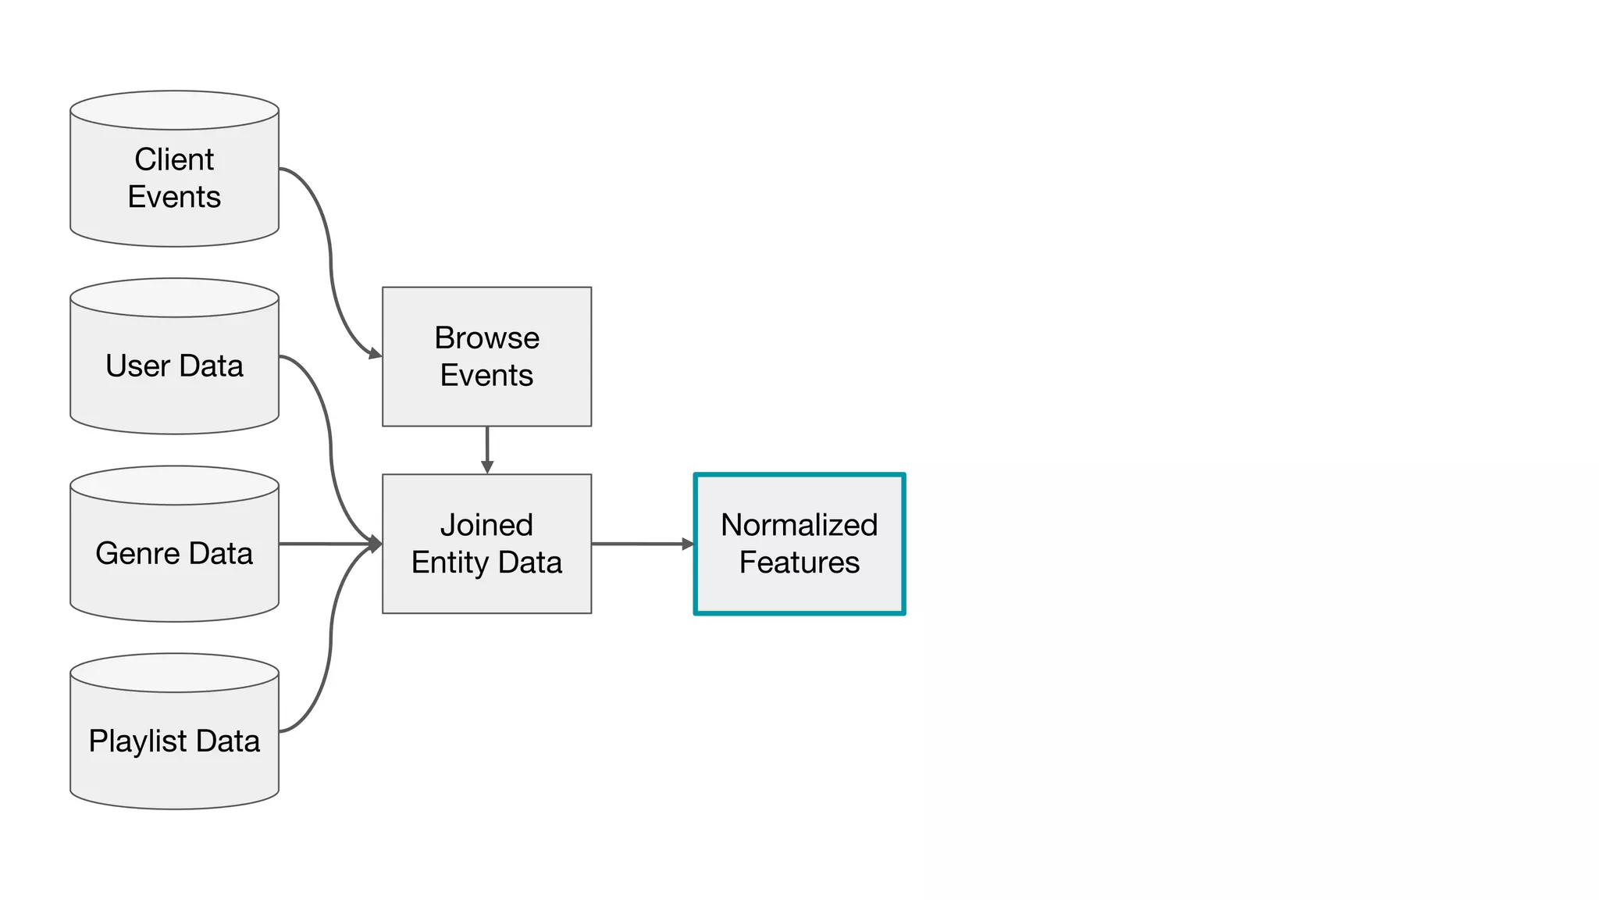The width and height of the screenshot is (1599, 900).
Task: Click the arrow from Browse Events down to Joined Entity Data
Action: point(487,449)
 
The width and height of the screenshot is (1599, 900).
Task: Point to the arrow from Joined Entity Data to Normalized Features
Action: point(642,544)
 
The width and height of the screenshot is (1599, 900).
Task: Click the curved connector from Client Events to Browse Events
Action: point(331,258)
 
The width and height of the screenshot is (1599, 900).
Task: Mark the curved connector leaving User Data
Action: point(331,445)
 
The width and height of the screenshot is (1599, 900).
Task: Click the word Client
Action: point(174,159)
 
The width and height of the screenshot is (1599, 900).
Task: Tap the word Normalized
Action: point(799,525)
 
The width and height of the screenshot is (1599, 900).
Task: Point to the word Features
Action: point(799,562)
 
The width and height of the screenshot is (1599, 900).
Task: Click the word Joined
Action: point(486,525)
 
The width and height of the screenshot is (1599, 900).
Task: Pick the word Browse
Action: point(486,337)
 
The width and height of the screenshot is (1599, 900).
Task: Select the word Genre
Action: point(137,553)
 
